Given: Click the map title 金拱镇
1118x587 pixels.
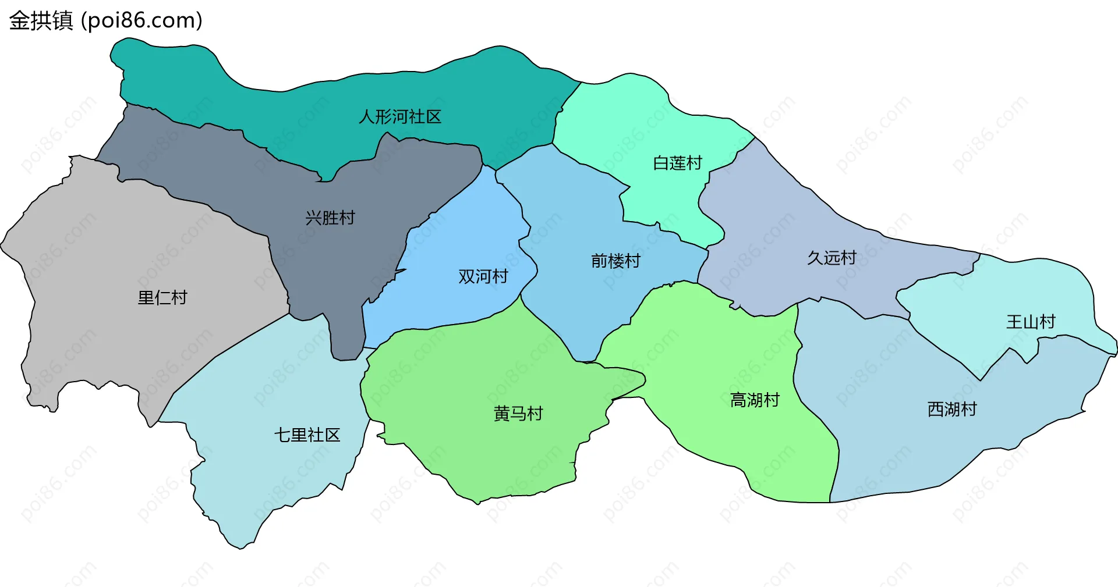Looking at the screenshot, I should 41,20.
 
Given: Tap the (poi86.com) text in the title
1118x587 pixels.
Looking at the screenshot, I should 141,20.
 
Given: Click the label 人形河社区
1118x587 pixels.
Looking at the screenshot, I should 400,117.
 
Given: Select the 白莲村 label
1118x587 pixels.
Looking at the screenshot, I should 678,163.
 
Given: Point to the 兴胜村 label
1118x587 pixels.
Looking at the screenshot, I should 330,218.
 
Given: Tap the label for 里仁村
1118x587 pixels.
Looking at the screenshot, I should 162,298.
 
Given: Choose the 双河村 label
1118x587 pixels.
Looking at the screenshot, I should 483,276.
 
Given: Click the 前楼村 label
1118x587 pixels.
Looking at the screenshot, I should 615,261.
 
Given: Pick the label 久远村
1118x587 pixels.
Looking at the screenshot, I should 832,258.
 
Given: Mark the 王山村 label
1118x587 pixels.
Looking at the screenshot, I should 1031,322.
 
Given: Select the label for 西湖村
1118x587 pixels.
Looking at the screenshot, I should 952,410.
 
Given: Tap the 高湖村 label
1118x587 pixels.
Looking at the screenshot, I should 755,400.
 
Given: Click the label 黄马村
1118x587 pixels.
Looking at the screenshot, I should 518,414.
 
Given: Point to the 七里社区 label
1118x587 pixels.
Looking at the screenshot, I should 307,435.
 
